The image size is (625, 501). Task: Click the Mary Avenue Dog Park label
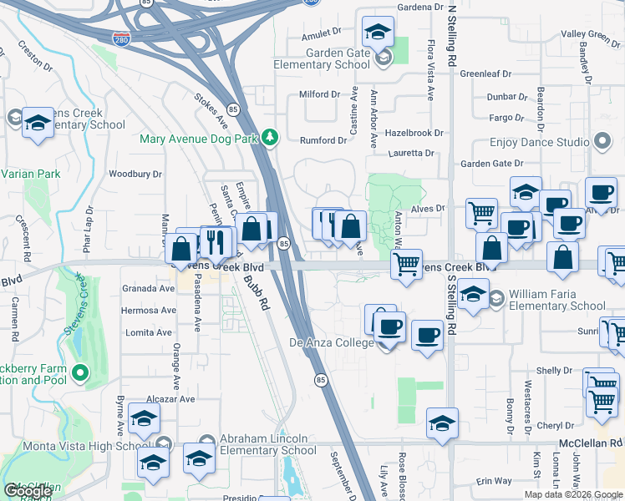click(199, 139)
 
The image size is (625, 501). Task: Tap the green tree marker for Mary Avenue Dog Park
click(269, 137)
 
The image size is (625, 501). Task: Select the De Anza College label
click(333, 342)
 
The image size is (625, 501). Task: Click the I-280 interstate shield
click(122, 39)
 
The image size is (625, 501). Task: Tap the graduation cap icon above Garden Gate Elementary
click(378, 33)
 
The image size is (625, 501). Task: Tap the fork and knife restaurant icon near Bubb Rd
click(216, 242)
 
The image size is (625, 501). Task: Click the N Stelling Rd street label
click(452, 38)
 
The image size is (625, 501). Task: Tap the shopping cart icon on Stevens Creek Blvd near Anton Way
click(406, 265)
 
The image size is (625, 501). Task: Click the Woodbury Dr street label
click(135, 174)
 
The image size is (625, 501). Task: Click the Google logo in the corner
click(28, 491)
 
